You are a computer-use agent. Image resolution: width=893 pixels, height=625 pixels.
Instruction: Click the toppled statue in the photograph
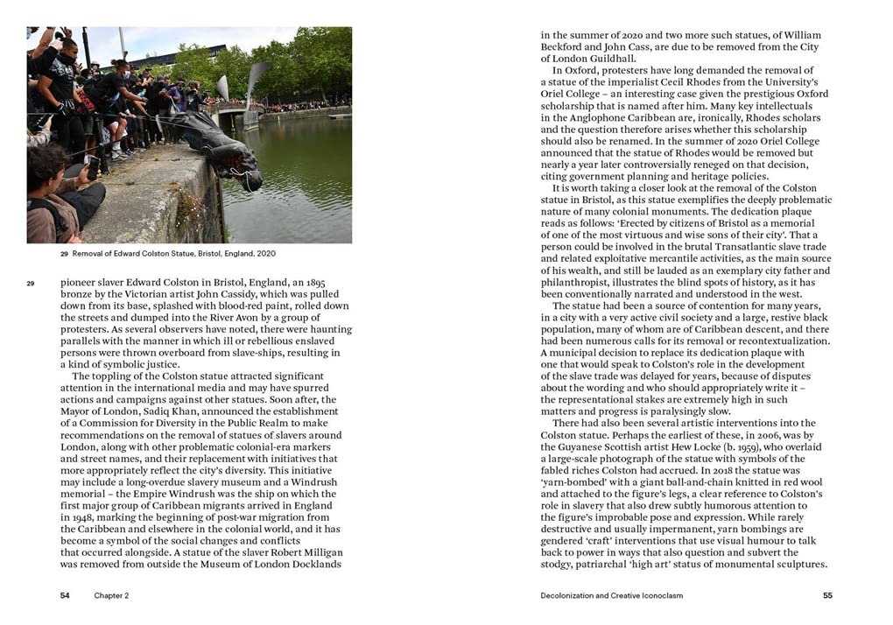click(x=223, y=149)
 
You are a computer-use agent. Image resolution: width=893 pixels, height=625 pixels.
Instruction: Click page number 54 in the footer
click(x=65, y=596)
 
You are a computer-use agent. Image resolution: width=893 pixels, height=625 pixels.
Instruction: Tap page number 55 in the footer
click(x=827, y=596)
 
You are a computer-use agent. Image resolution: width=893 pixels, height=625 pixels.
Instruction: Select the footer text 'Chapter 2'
click(x=112, y=596)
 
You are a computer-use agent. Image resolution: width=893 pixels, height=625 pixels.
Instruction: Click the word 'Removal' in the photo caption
click(x=90, y=254)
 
